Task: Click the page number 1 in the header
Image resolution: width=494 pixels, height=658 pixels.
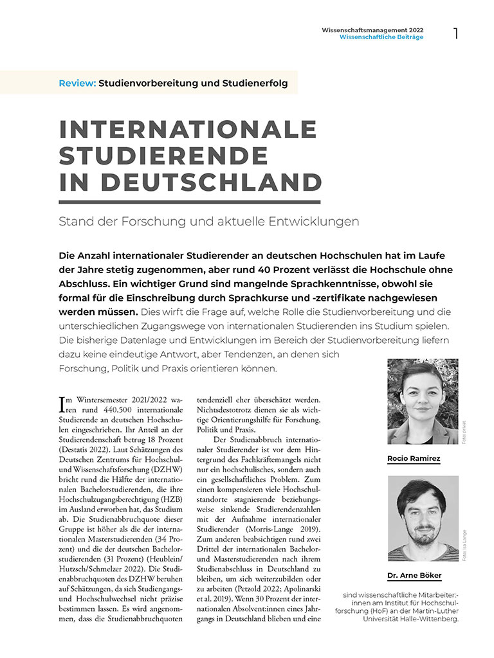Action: pyautogui.click(x=456, y=33)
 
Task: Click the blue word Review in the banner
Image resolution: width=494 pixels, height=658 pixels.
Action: pyautogui.click(x=77, y=84)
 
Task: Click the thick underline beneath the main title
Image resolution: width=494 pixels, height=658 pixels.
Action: pyautogui.click(x=190, y=201)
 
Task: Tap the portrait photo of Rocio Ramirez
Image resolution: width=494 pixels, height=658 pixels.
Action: pyautogui.click(x=423, y=402)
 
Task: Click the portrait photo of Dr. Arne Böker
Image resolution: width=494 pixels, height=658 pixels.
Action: pyautogui.click(x=423, y=518)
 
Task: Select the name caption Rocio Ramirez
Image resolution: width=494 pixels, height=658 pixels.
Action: pyautogui.click(x=414, y=459)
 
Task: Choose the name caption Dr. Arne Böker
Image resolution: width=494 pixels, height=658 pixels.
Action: pyautogui.click(x=414, y=575)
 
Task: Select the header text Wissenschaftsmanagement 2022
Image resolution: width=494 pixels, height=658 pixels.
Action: pyautogui.click(x=372, y=30)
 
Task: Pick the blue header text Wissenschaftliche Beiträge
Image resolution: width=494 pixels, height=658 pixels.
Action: pyautogui.click(x=381, y=37)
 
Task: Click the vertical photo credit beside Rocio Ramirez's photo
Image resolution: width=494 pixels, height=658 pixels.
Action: pyautogui.click(x=464, y=432)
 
